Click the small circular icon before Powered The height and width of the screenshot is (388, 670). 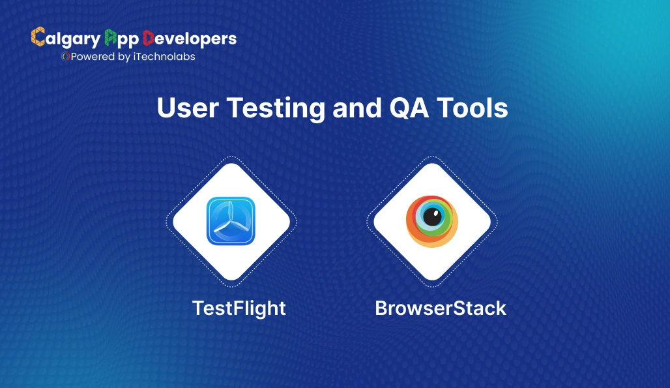tap(65, 57)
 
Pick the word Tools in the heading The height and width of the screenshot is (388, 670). tap(473, 108)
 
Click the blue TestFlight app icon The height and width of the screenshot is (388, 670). tap(231, 221)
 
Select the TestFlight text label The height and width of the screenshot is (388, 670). tap(239, 308)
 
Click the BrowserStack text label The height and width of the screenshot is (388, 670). tap(441, 308)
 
